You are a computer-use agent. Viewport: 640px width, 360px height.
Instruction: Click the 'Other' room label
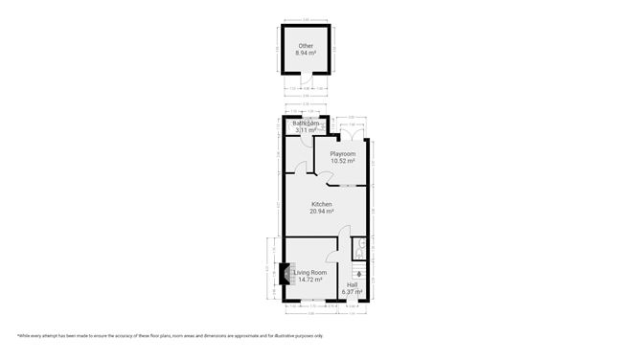306,46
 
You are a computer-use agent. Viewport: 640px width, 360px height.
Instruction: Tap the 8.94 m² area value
306,54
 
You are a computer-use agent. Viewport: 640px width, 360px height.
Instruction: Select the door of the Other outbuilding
306,81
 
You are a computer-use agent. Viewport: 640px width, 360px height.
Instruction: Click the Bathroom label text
307,124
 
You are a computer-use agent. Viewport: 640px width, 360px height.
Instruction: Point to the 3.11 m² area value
307,130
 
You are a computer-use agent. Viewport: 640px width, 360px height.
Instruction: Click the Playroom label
342,154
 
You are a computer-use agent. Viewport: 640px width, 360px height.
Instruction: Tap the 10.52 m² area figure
342,161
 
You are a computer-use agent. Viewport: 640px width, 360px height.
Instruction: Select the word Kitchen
322,204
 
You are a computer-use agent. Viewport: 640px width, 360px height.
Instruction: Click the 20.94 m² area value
322,211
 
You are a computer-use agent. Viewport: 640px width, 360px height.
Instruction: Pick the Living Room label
309,273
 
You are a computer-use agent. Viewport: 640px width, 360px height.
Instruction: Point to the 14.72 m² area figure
309,280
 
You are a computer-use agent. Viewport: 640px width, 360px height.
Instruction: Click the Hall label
352,284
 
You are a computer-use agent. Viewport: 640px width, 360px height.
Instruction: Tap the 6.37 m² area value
352,291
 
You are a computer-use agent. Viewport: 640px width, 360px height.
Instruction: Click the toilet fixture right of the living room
357,248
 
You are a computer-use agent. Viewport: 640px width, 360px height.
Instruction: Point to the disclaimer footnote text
170,336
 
